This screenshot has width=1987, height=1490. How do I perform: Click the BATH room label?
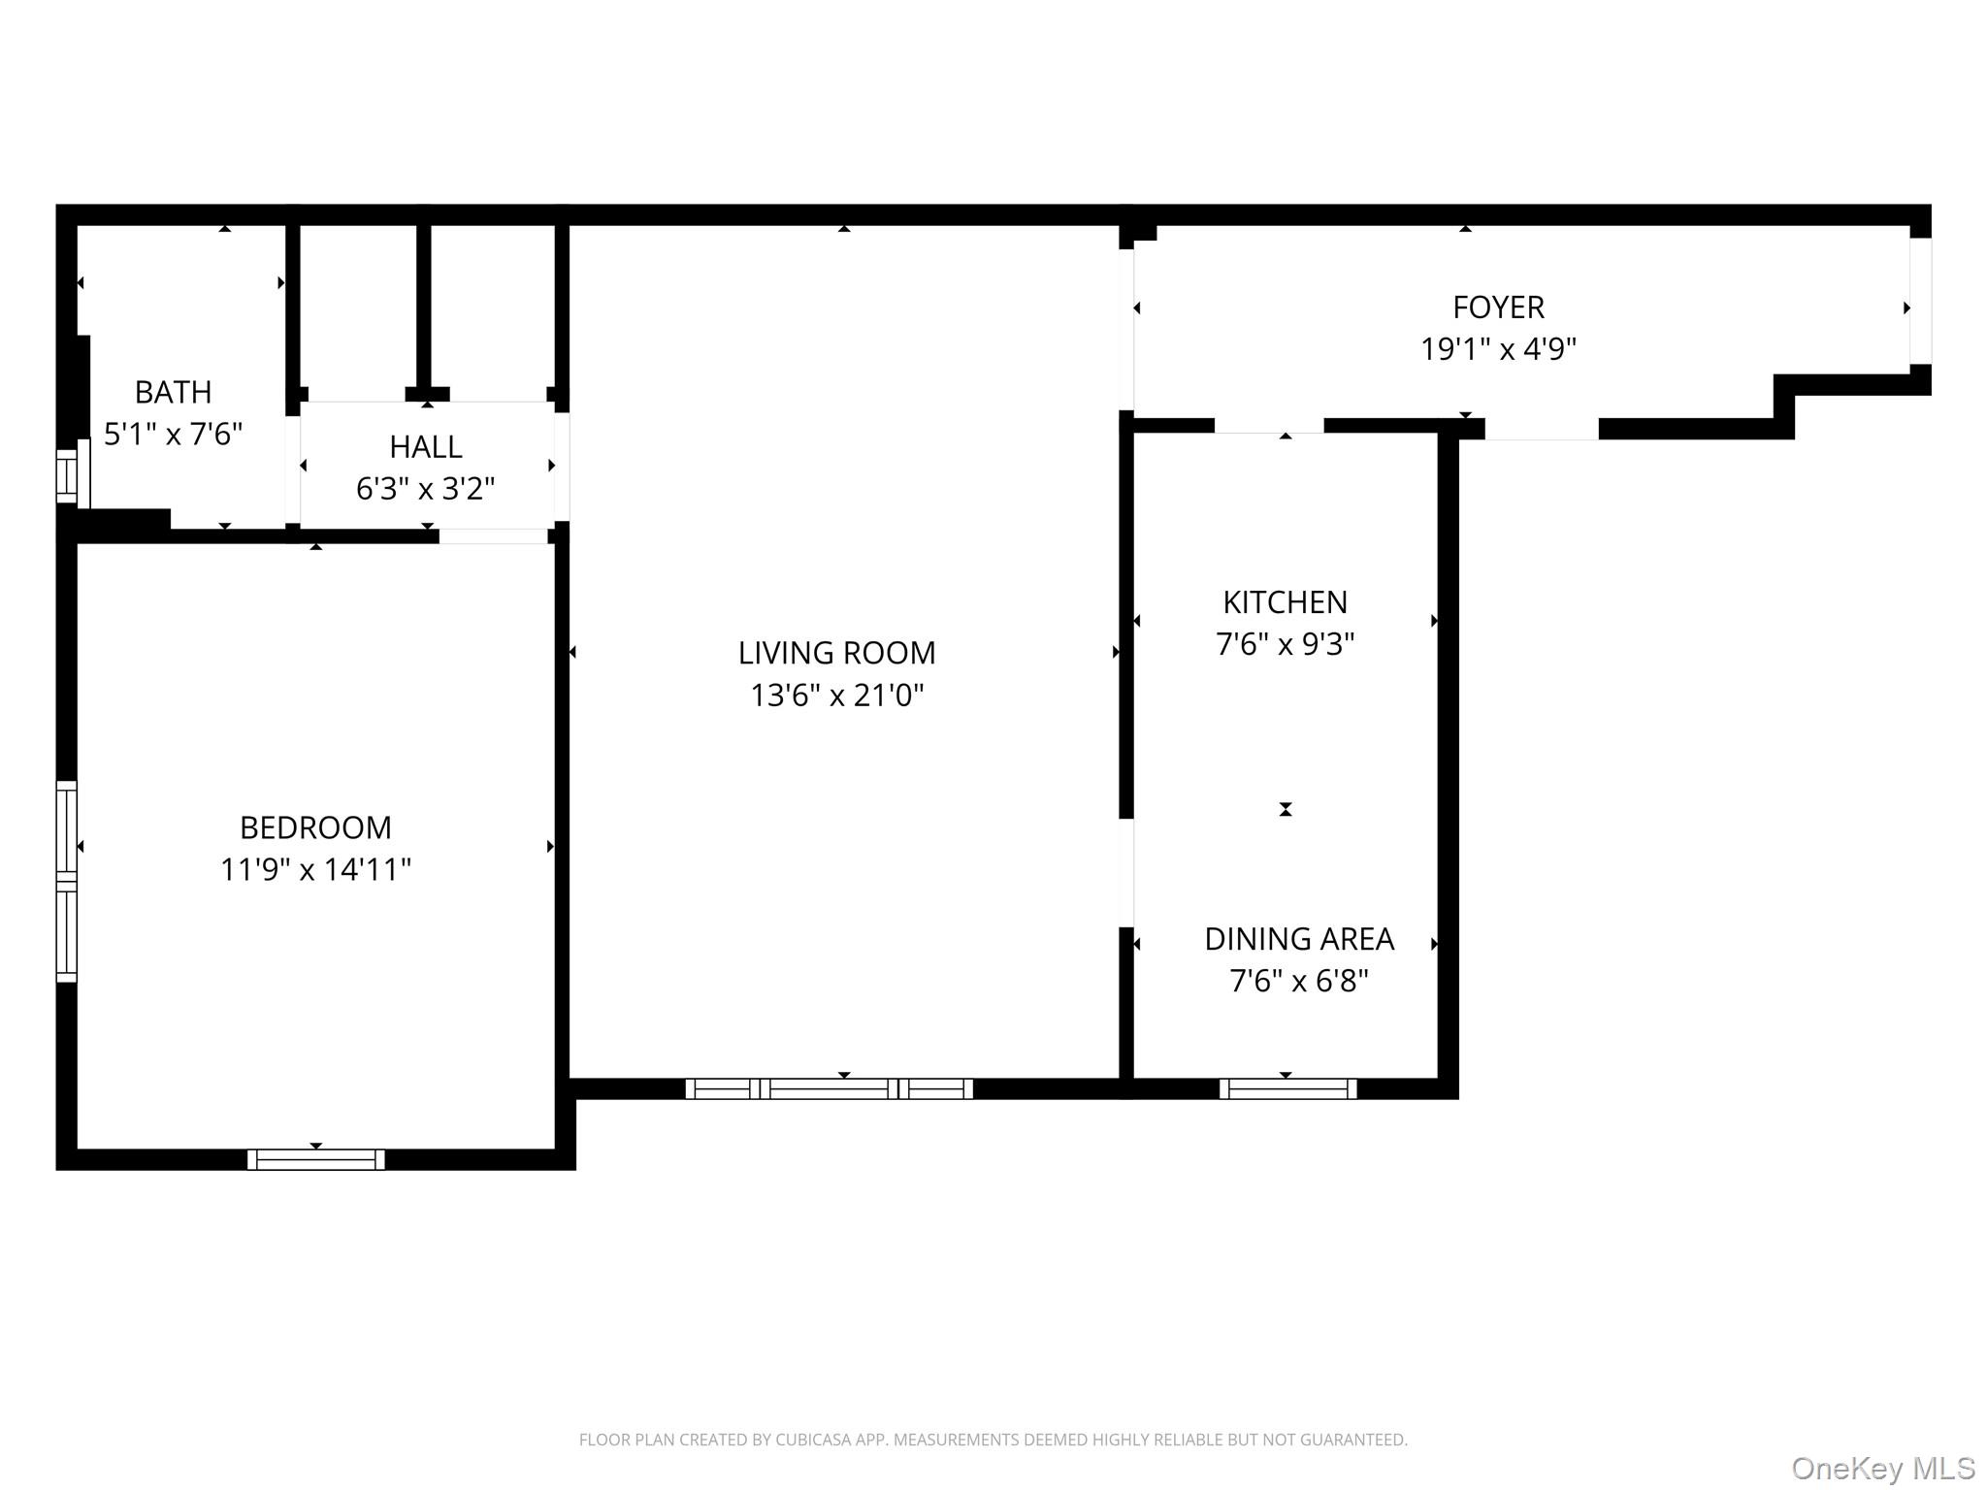(x=173, y=392)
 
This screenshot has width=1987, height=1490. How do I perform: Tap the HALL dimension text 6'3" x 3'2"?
(x=425, y=489)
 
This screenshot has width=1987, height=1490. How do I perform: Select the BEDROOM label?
(x=315, y=827)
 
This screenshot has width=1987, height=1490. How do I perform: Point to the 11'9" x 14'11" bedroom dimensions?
(x=315, y=870)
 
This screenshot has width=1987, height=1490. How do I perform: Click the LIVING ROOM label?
(x=836, y=653)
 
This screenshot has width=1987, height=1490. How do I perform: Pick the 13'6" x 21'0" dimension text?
(x=836, y=696)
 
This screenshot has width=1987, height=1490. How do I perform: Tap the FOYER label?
(x=1498, y=308)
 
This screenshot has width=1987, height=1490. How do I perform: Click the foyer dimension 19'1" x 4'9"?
(x=1498, y=349)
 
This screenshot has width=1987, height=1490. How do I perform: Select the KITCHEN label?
(x=1285, y=602)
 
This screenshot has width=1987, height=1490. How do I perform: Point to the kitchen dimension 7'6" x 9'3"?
(x=1285, y=644)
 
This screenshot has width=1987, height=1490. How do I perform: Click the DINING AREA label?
(x=1299, y=939)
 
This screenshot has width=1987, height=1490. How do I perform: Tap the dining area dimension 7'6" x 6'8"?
(x=1299, y=982)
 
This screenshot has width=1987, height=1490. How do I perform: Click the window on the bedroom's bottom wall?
(x=316, y=1159)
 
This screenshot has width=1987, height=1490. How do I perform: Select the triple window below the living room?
(x=829, y=1088)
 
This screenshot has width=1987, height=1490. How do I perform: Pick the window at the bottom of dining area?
(x=1287, y=1088)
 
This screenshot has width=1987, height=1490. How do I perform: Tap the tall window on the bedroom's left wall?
(x=66, y=881)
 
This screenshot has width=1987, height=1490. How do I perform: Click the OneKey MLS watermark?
(x=1882, y=1469)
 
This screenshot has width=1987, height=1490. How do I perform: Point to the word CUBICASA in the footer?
(x=812, y=1441)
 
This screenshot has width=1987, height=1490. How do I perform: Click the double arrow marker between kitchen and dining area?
(x=1286, y=809)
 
